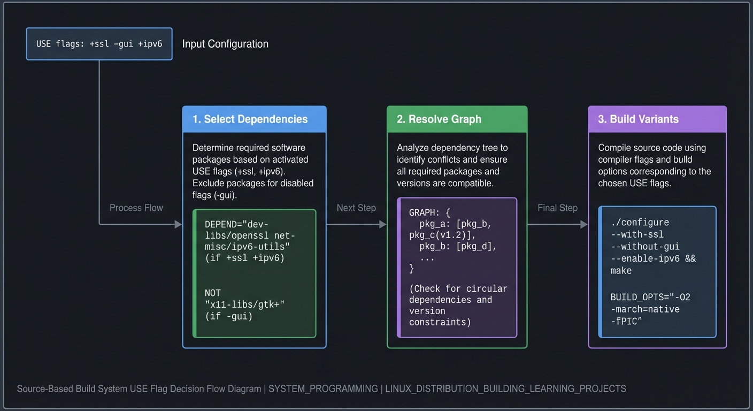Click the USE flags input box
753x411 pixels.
pyautogui.click(x=99, y=44)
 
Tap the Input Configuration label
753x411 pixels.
pyautogui.click(x=225, y=44)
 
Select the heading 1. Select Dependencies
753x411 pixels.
pyautogui.click(x=250, y=119)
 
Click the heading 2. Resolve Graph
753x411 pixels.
pyautogui.click(x=439, y=119)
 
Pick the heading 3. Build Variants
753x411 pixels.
pyautogui.click(x=638, y=119)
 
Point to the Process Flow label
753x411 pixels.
pyautogui.click(x=136, y=208)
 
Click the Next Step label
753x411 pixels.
pyautogui.click(x=356, y=208)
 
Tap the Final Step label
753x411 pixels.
pyautogui.click(x=557, y=208)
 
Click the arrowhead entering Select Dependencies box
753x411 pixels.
pyautogui.click(x=179, y=224)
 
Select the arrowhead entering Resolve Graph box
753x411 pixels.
pyautogui.click(x=383, y=224)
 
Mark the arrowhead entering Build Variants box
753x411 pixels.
pyautogui.click(x=584, y=224)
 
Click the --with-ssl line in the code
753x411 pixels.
pyautogui.click(x=637, y=234)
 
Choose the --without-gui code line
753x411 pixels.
pyautogui.click(x=645, y=247)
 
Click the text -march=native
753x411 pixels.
pyautogui.click(x=645, y=309)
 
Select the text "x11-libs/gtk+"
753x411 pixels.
pyautogui.click(x=245, y=305)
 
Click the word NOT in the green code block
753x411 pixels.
pyautogui.click(x=212, y=293)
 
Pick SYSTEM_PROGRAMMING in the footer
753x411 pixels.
pyautogui.click(x=323, y=389)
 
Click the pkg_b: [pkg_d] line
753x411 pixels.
pyautogui.click(x=458, y=247)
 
